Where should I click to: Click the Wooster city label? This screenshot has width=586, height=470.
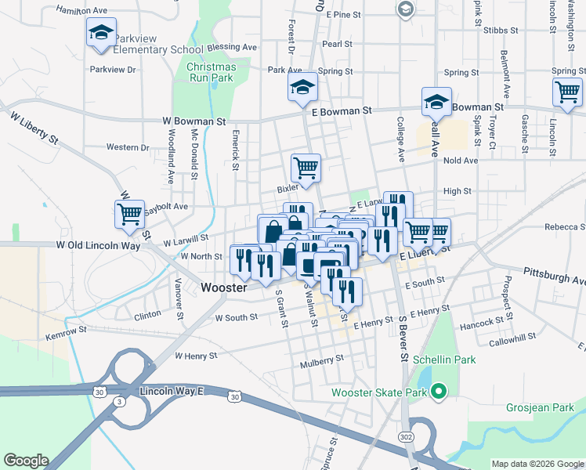[x=224, y=287]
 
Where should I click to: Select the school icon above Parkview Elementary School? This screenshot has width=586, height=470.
[x=101, y=33]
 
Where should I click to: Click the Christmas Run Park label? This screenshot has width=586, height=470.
[x=211, y=72]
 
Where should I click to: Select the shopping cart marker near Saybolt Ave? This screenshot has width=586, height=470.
[x=130, y=213]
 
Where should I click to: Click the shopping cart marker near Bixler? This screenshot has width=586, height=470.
[x=306, y=167]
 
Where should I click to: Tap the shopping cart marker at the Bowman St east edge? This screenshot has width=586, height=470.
[x=567, y=92]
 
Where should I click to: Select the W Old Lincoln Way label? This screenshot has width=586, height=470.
[x=98, y=245]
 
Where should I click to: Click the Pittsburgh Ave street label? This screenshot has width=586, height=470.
[x=555, y=280]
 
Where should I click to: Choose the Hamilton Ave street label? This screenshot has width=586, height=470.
[x=82, y=10]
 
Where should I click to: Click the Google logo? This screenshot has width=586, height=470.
[x=26, y=461]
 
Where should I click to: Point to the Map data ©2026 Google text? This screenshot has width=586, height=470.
[x=537, y=464]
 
